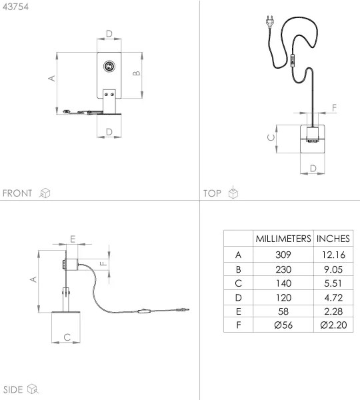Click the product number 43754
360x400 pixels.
coord(15,7)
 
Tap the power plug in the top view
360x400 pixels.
coord(270,21)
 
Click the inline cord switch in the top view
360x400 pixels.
coord(293,61)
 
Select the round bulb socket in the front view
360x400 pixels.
coord(109,66)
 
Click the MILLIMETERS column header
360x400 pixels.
coord(283,239)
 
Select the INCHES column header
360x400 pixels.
coord(333,239)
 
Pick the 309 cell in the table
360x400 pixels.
coord(283,255)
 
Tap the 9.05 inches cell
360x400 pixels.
coord(333,269)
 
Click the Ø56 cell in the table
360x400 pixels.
coord(283,325)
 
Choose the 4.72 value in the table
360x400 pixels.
coord(333,297)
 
